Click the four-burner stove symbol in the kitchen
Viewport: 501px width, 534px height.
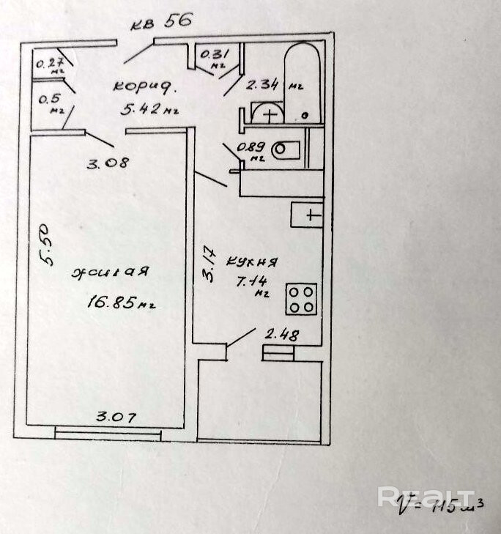click(302, 298)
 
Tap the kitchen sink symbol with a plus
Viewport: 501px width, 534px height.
click(308, 215)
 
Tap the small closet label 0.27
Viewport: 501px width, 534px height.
click(50, 63)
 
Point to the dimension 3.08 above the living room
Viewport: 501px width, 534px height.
click(108, 162)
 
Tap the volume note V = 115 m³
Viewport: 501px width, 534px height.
click(439, 504)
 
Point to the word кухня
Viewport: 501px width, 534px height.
click(250, 262)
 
